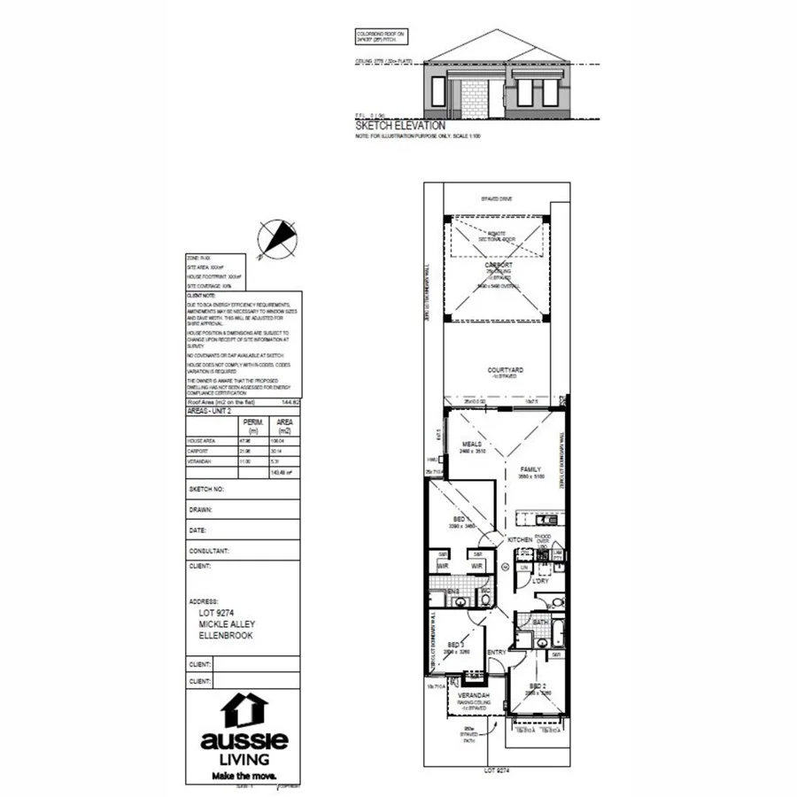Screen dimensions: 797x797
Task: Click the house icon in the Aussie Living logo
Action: (244, 710)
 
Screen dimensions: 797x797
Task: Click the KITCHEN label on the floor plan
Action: (518, 539)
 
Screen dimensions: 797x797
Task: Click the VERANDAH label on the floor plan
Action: (475, 696)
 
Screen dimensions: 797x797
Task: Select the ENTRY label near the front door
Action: (496, 653)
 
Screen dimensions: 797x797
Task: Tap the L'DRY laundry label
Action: (541, 581)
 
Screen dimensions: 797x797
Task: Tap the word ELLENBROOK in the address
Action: (226, 634)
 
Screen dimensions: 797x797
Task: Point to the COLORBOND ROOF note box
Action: (378, 36)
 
